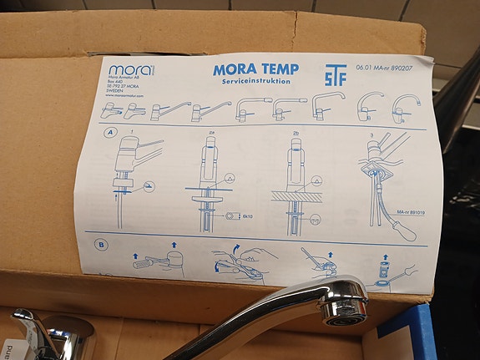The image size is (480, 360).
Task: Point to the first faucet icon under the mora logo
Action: click(x=111, y=110)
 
